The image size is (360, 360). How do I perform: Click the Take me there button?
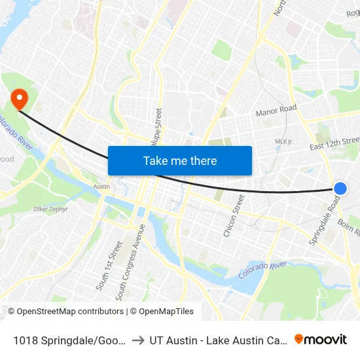(180, 160)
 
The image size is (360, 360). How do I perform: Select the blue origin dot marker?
(340, 189)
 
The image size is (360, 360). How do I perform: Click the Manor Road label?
(276, 111)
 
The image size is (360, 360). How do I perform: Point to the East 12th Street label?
(334, 143)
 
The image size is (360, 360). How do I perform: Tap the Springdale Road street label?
(325, 222)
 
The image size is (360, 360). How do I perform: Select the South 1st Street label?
(109, 265)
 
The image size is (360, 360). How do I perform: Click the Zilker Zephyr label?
(50, 209)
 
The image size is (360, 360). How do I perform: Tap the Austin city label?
(101, 187)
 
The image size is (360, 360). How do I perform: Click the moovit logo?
(321, 339)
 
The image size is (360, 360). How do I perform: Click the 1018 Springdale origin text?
(68, 340)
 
